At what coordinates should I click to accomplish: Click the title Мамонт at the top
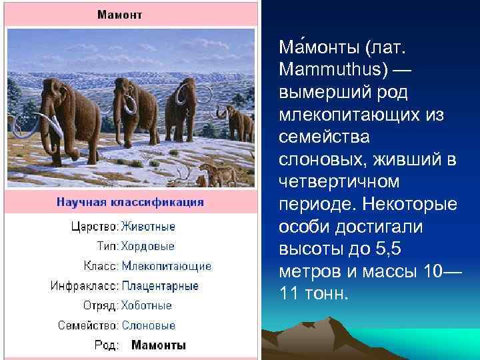tap(120, 14)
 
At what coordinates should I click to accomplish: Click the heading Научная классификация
tap(130, 202)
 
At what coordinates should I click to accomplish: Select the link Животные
tap(148, 227)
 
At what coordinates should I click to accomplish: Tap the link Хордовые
tap(148, 246)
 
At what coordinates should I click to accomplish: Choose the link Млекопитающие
tap(166, 266)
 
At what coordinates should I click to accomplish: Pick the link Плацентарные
tap(160, 286)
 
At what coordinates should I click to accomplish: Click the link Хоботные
tap(147, 305)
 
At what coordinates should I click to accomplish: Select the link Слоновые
tap(148, 325)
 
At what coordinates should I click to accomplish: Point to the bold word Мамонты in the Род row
tap(159, 345)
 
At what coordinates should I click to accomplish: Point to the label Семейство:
tap(89, 325)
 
